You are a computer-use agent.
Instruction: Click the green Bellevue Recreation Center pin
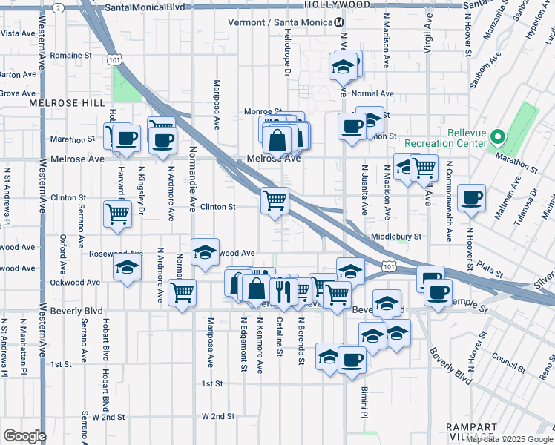click(499, 137)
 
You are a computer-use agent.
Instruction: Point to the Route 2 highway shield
click(58, 7)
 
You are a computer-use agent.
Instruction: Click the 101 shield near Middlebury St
click(388, 264)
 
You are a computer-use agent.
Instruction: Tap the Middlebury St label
click(396, 237)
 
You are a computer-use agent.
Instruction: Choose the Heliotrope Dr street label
click(286, 51)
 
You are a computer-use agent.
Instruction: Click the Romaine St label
click(71, 56)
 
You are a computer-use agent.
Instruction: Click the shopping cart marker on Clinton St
click(275, 200)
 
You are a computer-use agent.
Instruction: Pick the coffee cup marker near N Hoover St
click(471, 198)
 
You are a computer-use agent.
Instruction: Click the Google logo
click(24, 436)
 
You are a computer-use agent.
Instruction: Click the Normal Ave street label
click(372, 94)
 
